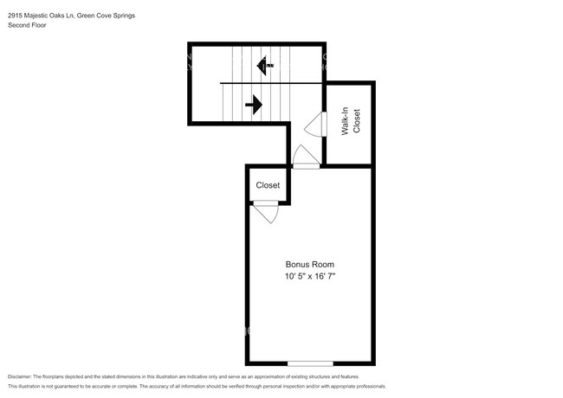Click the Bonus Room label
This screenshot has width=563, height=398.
click(x=310, y=264)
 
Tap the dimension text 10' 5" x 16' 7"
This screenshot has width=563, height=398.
click(x=310, y=276)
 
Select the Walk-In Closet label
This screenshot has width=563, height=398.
click(x=350, y=122)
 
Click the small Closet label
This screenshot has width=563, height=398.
click(x=268, y=185)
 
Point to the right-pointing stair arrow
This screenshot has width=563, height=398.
click(x=254, y=106)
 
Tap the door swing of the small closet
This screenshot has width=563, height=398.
click(x=266, y=212)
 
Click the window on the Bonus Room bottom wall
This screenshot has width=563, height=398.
click(x=310, y=363)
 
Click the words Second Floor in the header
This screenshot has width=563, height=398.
click(x=28, y=25)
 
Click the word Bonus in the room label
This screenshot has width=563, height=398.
click(x=298, y=264)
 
